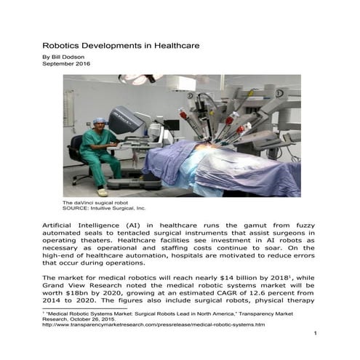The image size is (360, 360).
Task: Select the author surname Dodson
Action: [75, 56]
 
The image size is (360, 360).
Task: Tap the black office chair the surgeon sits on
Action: [77, 153]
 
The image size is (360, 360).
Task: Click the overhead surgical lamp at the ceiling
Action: [138, 79]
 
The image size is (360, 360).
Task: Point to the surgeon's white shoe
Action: [103, 191]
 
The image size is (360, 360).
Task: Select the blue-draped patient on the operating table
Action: [218, 171]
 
